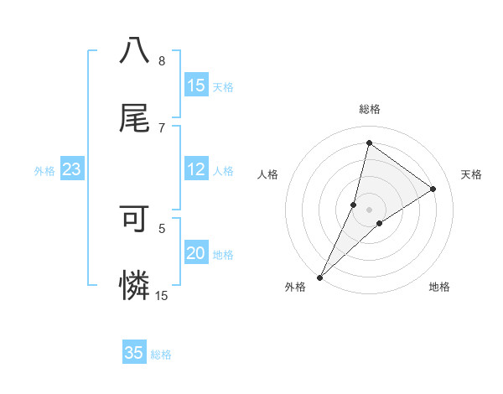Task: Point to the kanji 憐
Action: point(134,287)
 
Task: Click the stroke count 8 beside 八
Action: point(162,60)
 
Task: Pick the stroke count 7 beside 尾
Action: point(162,127)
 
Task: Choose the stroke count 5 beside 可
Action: point(162,227)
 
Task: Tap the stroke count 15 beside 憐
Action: point(162,295)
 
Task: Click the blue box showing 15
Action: point(196,86)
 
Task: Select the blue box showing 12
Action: point(196,170)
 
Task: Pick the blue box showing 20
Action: point(196,254)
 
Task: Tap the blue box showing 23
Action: point(71,170)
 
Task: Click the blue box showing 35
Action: point(134,353)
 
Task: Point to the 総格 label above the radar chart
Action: point(369,109)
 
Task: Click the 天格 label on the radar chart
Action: point(472,174)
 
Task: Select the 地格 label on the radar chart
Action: point(439,287)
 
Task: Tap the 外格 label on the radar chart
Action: point(295,287)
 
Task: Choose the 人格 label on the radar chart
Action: point(268,174)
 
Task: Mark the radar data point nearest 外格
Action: point(319,277)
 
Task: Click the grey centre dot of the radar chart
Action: point(369,210)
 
